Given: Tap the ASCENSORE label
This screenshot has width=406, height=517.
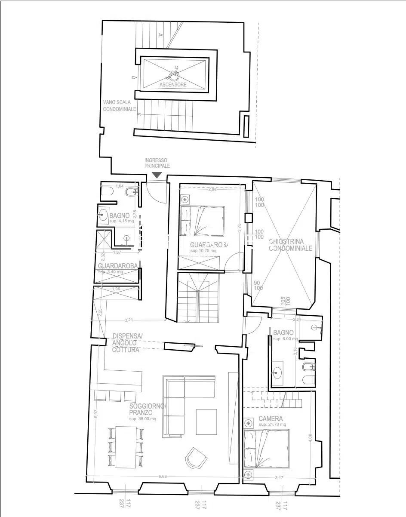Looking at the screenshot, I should point(173,85).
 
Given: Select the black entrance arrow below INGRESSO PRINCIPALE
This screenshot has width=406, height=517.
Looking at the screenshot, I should point(157,175).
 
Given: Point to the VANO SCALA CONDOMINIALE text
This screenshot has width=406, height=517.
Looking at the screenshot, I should point(119,106).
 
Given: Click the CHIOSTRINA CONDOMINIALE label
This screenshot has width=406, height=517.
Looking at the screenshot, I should point(290,245).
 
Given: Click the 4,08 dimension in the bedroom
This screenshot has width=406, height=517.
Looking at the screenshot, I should point(311,437).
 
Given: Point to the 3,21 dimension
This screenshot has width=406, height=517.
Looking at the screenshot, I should point(129,320).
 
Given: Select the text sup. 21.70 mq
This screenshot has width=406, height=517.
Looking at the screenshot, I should point(272,425).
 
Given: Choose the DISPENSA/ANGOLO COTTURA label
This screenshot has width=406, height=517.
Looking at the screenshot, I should point(126,343).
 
